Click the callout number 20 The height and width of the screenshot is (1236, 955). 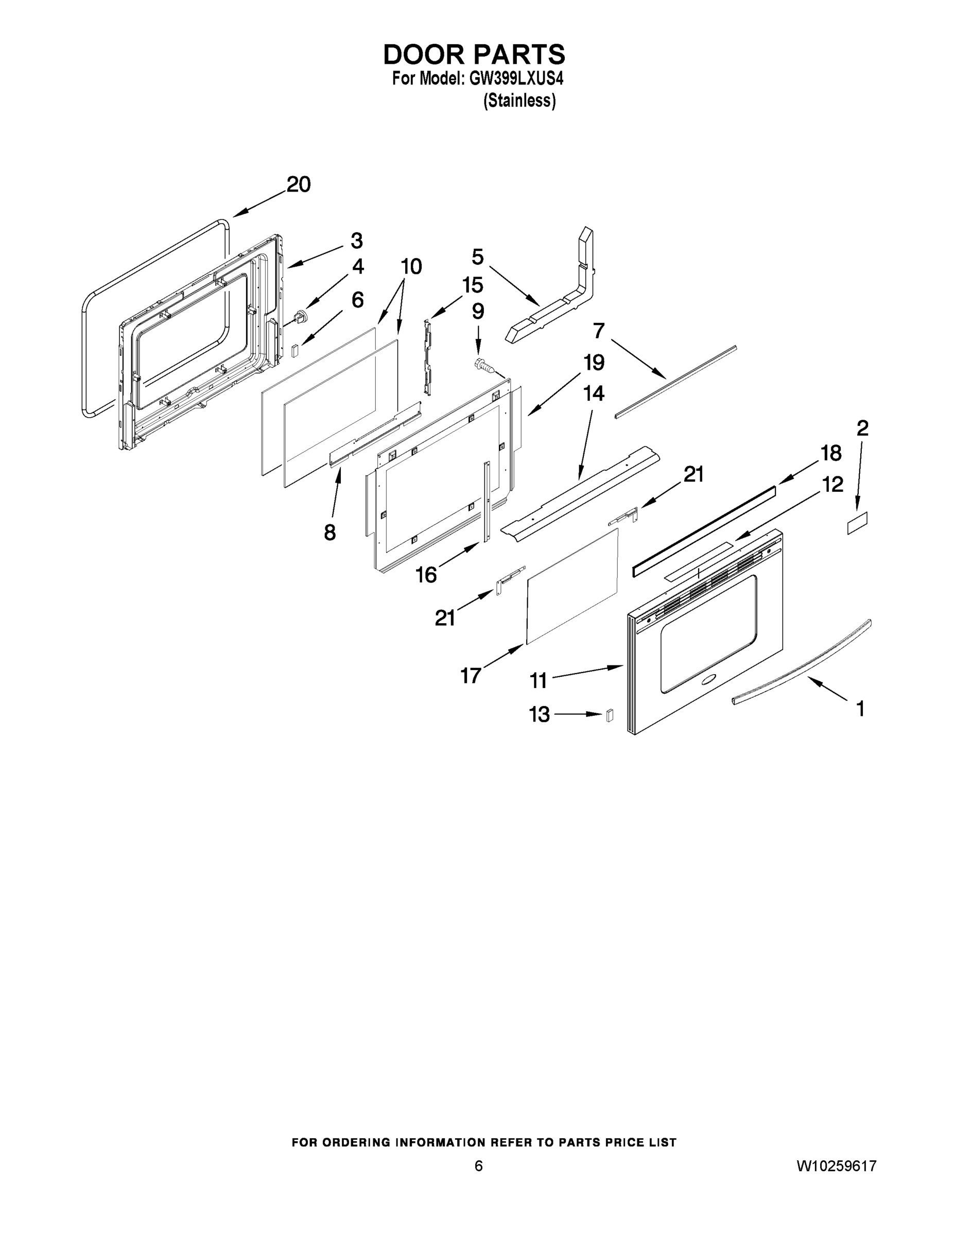tap(298, 184)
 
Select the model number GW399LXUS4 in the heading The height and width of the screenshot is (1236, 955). tap(516, 79)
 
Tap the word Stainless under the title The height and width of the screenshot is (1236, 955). tap(519, 101)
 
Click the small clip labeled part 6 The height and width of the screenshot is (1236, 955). tap(294, 351)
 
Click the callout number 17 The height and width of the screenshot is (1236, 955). tap(470, 675)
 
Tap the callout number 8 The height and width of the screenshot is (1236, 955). tap(330, 532)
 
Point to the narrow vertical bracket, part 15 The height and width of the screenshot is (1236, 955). tap(427, 356)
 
